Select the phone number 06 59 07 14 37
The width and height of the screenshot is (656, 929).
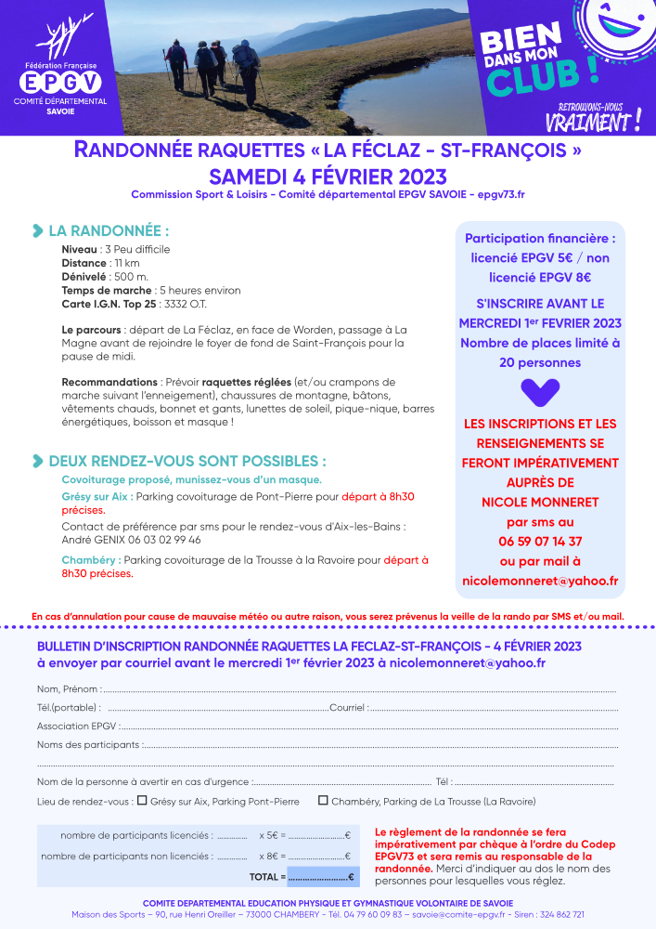[540, 542]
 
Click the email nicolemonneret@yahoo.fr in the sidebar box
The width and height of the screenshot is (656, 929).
[540, 581]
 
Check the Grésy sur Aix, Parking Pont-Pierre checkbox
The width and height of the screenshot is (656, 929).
[142, 800]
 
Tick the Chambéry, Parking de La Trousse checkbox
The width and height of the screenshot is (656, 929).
[323, 800]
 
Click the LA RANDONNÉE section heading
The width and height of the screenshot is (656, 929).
[109, 230]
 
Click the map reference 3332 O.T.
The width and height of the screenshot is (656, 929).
[190, 305]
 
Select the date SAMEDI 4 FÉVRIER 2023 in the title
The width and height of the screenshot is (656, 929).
[328, 177]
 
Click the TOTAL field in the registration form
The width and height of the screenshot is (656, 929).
[320, 877]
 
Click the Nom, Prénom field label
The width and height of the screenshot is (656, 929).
[68, 689]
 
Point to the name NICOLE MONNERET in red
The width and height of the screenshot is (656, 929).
[540, 502]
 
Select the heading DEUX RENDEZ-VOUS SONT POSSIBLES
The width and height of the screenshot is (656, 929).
[187, 461]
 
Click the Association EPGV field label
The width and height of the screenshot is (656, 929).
[77, 726]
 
